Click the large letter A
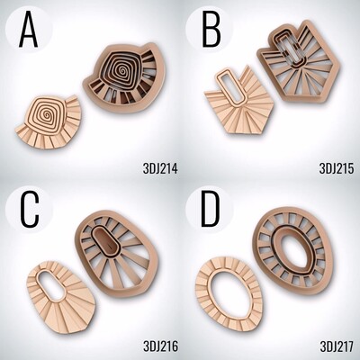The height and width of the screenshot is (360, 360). pyautogui.click(x=28, y=31)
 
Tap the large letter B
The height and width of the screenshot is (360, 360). pyautogui.click(x=211, y=31)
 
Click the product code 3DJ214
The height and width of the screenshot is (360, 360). pyautogui.click(x=160, y=168)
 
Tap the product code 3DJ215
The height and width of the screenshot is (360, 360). pyautogui.click(x=337, y=168)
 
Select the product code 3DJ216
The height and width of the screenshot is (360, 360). pyautogui.click(x=160, y=346)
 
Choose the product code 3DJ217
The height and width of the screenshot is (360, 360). pyautogui.click(x=337, y=346)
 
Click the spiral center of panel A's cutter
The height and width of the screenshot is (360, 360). pyautogui.click(x=122, y=71)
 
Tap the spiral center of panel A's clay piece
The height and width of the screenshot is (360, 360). pyautogui.click(x=47, y=115)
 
